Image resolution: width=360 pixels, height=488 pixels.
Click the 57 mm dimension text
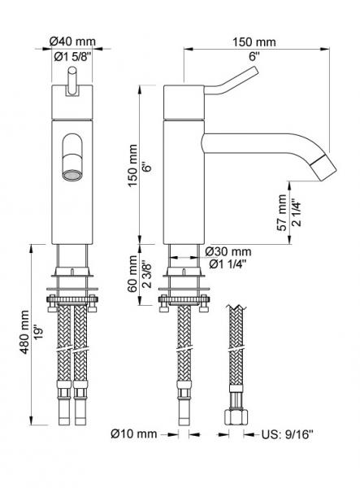click(x=282, y=211)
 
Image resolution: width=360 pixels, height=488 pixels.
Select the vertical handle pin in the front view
click(x=73, y=84)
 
